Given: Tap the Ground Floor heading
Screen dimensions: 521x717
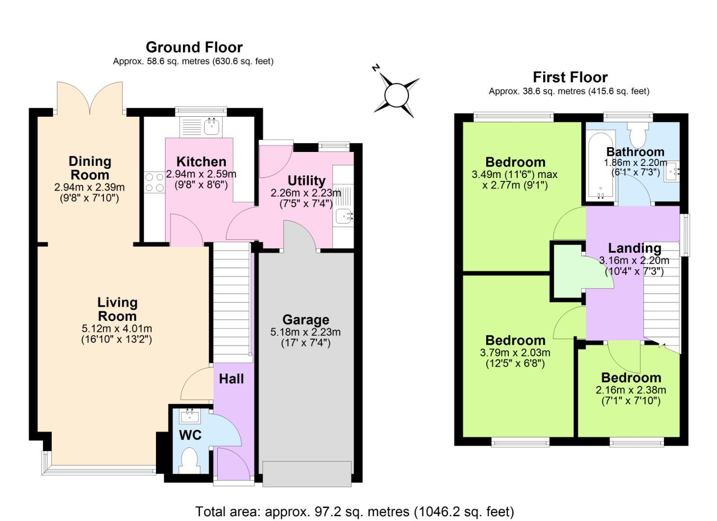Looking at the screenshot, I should tap(194, 47).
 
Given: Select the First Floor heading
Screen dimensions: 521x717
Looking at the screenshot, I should tap(570, 77).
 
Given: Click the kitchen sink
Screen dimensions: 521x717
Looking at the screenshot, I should tap(211, 126).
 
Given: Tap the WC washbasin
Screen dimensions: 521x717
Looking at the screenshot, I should tap(189, 416).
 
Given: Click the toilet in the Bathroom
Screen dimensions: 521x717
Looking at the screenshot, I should tap(638, 134).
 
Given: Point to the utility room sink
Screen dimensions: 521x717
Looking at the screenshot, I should tap(344, 217).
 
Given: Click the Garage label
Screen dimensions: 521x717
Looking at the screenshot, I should tap(306, 320).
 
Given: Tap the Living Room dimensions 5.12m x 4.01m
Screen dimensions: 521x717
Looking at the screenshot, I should tap(117, 329).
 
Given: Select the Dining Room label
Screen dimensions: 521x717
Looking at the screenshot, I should tap(90, 168).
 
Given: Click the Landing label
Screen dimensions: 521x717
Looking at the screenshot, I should tap(634, 248).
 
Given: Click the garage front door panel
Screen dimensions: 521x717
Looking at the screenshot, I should tap(306, 473).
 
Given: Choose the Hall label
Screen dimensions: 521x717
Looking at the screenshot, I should tap(231, 379).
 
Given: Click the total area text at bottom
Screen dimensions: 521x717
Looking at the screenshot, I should tap(354, 511).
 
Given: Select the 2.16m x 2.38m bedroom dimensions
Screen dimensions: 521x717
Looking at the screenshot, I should tap(631, 390).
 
